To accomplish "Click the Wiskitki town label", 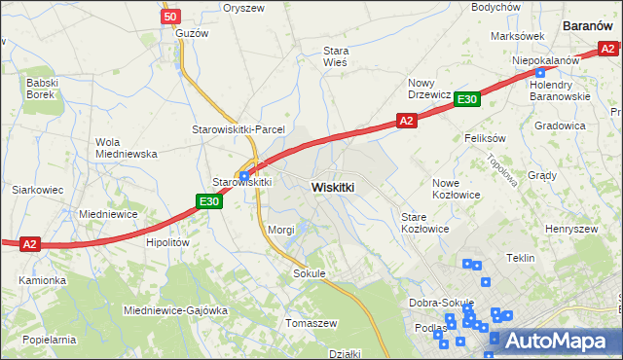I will click(x=333, y=186).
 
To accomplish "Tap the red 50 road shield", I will click(x=170, y=17).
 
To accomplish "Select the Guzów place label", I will click(x=192, y=33).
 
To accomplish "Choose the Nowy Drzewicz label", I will click(x=428, y=89).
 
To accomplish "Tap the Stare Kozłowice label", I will click(x=424, y=223).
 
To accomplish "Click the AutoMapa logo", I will click(x=551, y=341).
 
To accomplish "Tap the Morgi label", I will click(x=281, y=230).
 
